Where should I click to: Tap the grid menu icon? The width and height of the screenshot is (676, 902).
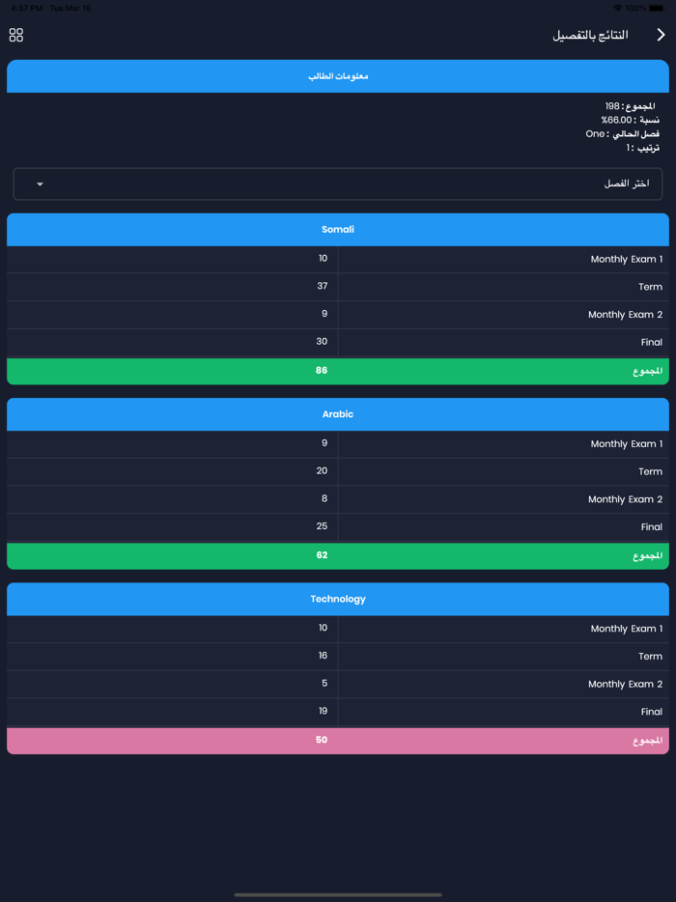tap(16, 35)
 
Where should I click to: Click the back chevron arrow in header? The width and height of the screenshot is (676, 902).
tap(661, 35)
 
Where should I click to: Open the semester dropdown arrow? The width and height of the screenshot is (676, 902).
tap(40, 183)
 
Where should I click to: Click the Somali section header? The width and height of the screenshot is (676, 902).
tap(338, 230)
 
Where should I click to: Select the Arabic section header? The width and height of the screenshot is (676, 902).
tap(338, 414)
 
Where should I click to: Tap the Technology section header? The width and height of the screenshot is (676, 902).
tap(338, 599)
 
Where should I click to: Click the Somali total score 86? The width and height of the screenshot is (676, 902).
tap(322, 371)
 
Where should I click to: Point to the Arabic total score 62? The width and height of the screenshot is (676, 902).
tap(322, 555)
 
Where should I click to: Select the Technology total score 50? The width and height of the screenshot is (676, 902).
tap(322, 740)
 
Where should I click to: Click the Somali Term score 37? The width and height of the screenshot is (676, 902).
tap(323, 286)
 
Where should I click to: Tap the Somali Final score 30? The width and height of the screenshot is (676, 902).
tap(323, 341)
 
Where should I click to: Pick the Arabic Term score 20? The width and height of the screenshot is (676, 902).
tap(323, 470)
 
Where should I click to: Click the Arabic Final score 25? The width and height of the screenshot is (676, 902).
tap(323, 526)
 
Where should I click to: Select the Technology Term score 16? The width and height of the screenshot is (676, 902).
tap(323, 655)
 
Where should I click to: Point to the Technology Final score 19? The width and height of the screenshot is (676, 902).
tap(323, 711)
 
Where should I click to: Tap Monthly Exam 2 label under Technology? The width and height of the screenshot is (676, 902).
tap(625, 684)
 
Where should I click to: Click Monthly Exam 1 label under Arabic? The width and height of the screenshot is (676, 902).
tap(626, 444)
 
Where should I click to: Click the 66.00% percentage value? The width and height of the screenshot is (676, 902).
tap(618, 120)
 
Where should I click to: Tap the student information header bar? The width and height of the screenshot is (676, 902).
tap(338, 76)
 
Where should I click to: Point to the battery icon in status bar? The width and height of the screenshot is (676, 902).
tap(657, 8)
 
